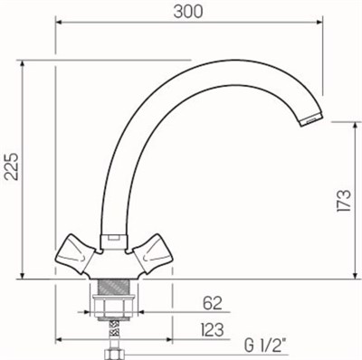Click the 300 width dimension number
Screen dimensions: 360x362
coord(188,12)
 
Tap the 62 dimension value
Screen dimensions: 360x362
coord(212,301)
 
